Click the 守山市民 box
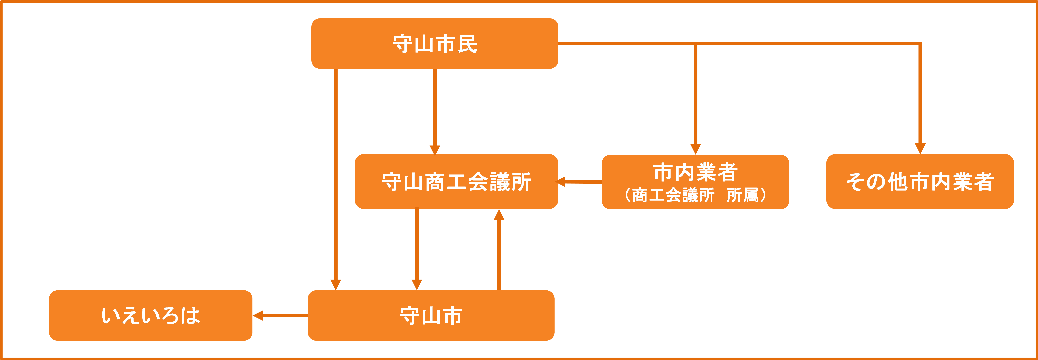tap(434, 44)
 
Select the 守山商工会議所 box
tap(456, 181)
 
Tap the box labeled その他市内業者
tap(920, 181)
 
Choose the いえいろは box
tap(151, 315)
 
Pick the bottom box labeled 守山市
tap(431, 315)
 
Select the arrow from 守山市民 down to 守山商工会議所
tap(434, 109)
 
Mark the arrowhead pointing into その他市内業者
tap(920, 148)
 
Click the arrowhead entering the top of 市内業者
tap(695, 149)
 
